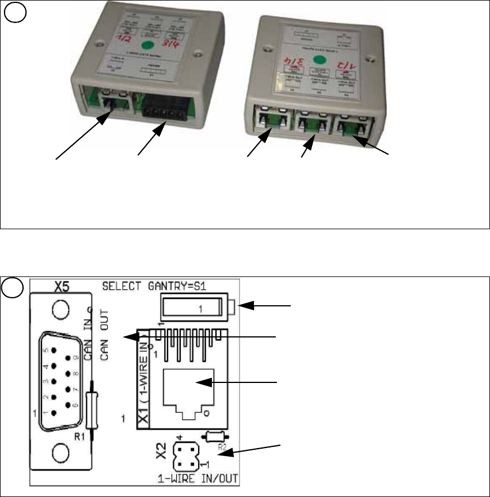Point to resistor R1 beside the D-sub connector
click(x=92, y=401)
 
